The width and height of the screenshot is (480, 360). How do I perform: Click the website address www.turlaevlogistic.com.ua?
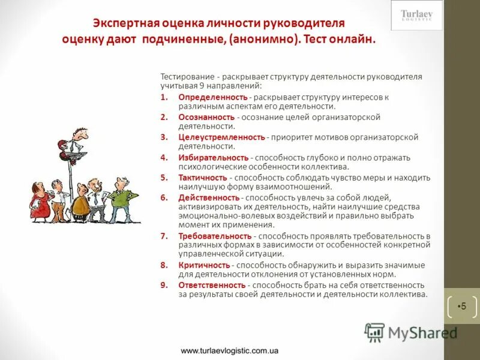(229, 350)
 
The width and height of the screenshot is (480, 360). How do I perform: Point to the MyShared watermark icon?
(374, 332)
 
